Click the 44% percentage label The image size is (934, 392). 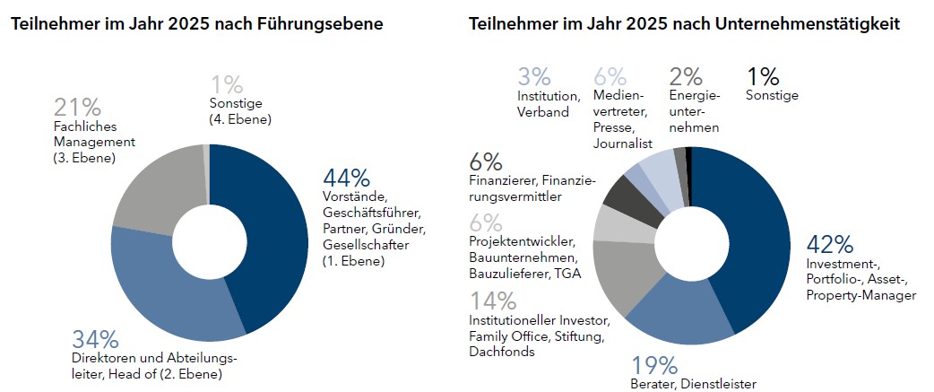point(344,177)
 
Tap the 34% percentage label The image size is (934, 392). point(95,340)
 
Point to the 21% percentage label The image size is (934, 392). point(77,108)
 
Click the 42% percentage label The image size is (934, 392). point(830,244)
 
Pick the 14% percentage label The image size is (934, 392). point(493,301)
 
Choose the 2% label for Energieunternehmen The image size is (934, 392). point(687,78)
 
